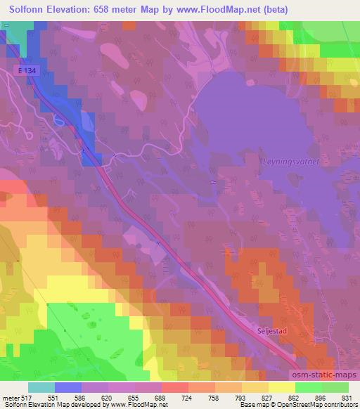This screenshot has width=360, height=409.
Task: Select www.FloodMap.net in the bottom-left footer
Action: coord(135,405)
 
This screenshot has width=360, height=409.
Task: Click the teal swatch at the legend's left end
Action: coord(41,387)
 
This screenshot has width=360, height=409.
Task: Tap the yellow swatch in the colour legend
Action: coord(282,387)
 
